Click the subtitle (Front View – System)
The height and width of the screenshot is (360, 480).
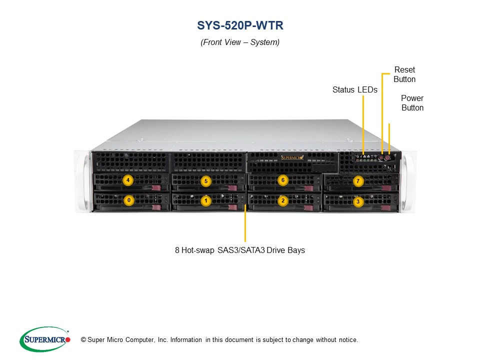tap(240, 42)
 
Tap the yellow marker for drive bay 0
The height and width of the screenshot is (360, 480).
tap(129, 200)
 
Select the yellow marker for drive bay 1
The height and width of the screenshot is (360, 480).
tap(205, 200)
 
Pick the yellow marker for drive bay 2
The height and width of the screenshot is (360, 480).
tap(283, 200)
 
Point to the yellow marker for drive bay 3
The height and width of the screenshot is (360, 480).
tap(357, 202)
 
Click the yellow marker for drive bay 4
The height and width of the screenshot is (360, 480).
tap(128, 179)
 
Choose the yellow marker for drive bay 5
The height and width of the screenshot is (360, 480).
tap(205, 180)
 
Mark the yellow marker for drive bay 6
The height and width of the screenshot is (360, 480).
tap(283, 179)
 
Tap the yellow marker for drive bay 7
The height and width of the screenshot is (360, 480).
tap(357, 181)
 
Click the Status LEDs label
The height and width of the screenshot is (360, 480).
tap(355, 90)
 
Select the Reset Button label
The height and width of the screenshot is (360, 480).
tap(404, 74)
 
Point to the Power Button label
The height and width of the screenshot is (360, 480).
tap(412, 103)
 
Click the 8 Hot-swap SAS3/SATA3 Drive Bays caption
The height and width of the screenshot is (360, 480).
tap(240, 250)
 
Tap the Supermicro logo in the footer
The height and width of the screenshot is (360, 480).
tap(45, 339)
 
